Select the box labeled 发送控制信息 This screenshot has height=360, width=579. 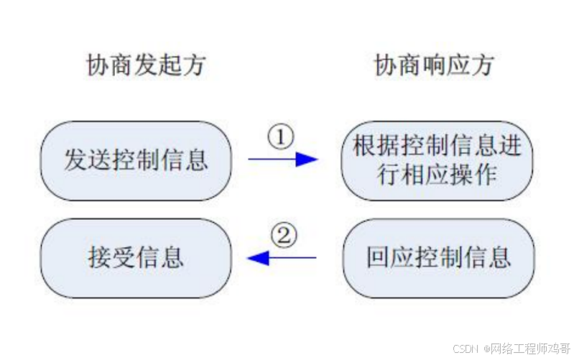(136, 160)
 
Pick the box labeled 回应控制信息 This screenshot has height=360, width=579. (437, 257)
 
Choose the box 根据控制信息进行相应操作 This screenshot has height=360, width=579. (437, 160)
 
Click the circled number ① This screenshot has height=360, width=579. (282, 137)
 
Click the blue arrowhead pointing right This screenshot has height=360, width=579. (307, 159)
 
